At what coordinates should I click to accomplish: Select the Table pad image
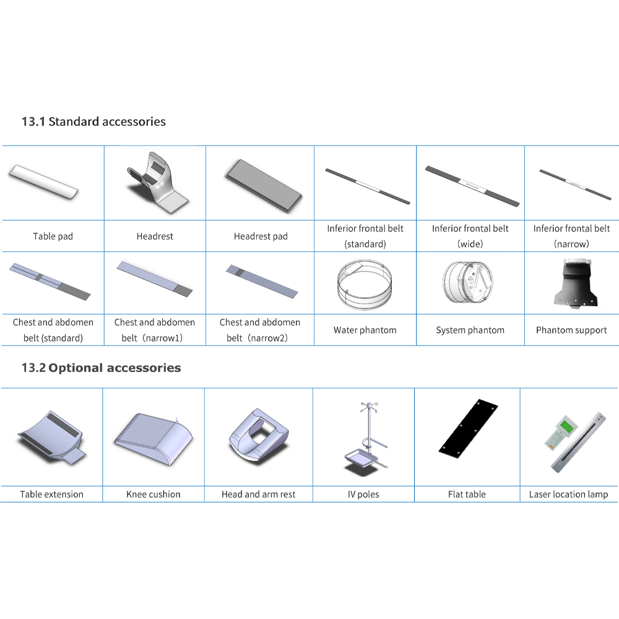(43, 182)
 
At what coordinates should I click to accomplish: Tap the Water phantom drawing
(365, 284)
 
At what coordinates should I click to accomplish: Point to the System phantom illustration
(468, 282)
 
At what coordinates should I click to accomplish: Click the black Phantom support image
(576, 283)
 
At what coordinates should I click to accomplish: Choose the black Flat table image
(468, 428)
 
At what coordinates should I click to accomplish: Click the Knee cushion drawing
(153, 439)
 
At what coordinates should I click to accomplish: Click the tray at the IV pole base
(361, 459)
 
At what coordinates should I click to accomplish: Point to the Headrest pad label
(261, 236)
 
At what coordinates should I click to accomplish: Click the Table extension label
(52, 494)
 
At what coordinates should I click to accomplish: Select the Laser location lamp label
(568, 494)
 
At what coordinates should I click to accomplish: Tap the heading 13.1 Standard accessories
(93, 121)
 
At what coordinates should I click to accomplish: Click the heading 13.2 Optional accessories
(101, 368)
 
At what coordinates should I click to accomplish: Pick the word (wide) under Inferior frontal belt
(470, 244)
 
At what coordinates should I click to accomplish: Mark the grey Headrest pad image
(263, 186)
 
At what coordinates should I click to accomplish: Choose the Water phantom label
(365, 330)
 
